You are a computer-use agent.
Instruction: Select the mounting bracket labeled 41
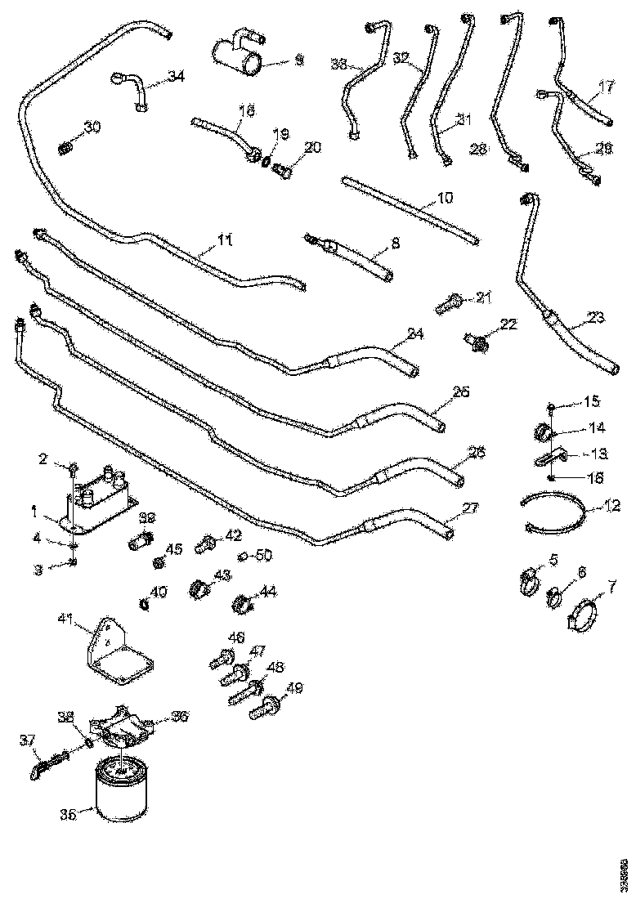click(117, 649)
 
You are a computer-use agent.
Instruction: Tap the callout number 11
click(225, 240)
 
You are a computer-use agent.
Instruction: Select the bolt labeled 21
click(450, 302)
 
